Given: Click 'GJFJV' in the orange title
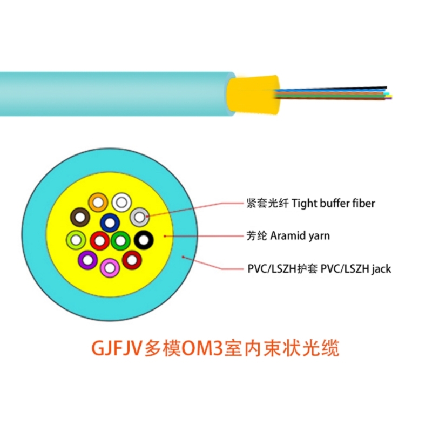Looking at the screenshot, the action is pos(116,348).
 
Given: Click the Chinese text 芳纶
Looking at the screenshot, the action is pos(256,236).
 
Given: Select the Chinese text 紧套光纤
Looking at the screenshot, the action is pos(267,204).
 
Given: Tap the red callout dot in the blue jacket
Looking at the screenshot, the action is pos(183,258).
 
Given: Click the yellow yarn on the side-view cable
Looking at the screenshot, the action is pos(253,94).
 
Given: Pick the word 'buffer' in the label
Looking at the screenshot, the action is pos(329,204).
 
